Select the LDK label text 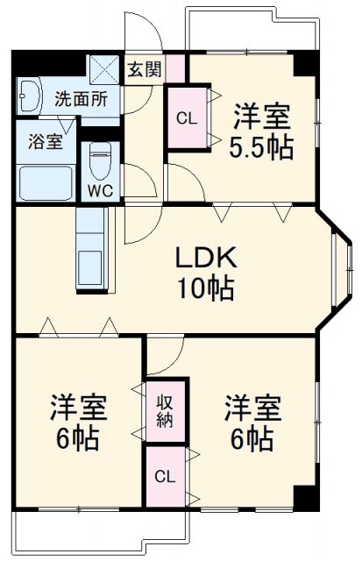tap(206, 259)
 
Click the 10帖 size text tap(206, 288)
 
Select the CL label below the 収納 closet tap(165, 477)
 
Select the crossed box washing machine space tap(106, 67)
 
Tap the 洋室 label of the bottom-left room tap(77, 408)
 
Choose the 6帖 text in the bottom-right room tap(252, 439)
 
